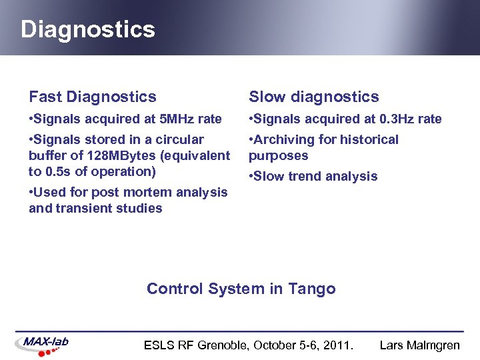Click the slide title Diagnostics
pyautogui.click(x=87, y=29)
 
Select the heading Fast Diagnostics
pyautogui.click(x=93, y=97)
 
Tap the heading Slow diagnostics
pyautogui.click(x=313, y=97)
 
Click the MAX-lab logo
pyautogui.click(x=43, y=343)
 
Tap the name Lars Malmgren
pyautogui.click(x=419, y=345)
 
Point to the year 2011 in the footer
pyautogui.click(x=339, y=345)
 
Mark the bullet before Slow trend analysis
pyautogui.click(x=251, y=177)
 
